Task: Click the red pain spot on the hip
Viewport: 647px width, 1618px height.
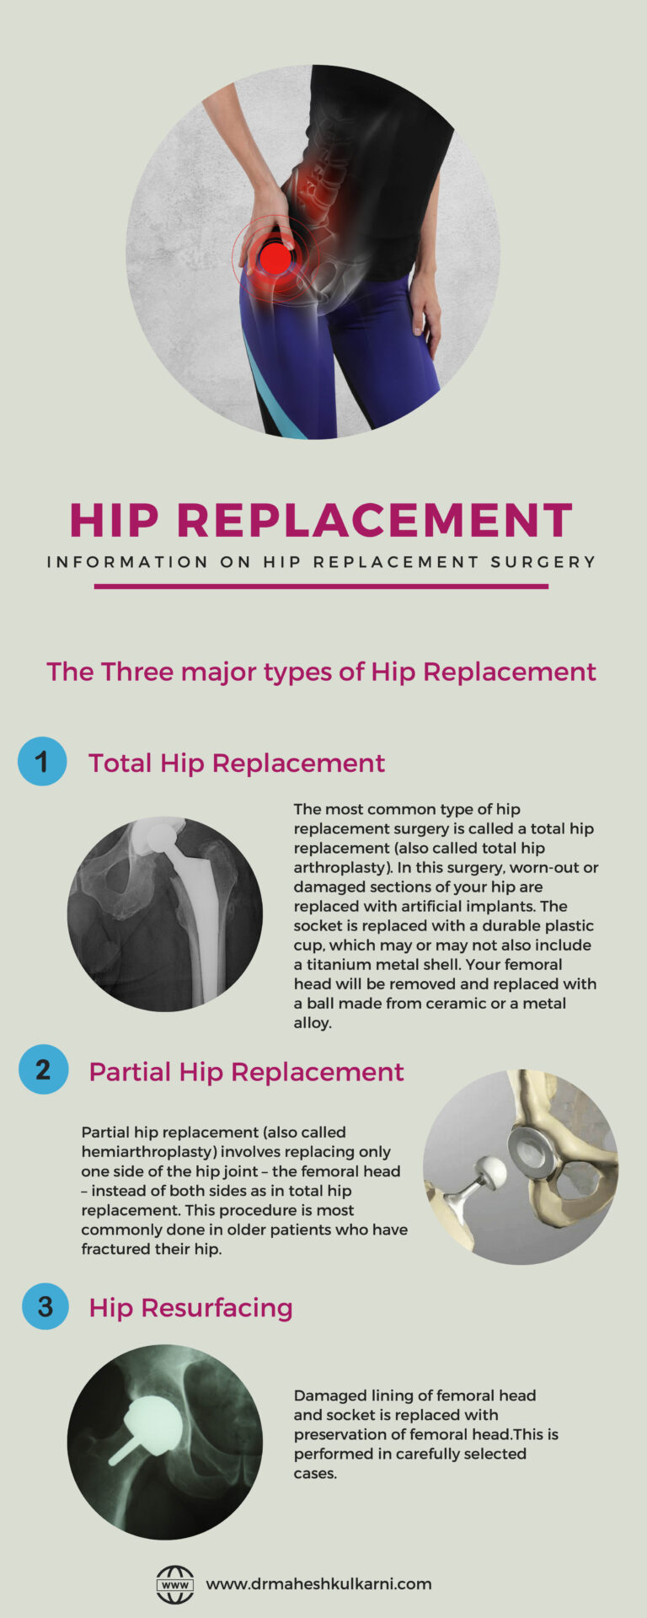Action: tap(275, 258)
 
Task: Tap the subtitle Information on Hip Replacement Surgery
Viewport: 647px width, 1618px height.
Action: tap(321, 562)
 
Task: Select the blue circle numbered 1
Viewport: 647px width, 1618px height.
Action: tap(42, 762)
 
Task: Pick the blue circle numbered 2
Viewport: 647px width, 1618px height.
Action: tap(43, 1070)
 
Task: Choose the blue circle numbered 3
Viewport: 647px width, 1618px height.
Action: tap(45, 1306)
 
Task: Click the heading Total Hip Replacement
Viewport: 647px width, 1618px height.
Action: tap(236, 763)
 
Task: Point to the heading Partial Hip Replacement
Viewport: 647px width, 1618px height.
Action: tap(246, 1072)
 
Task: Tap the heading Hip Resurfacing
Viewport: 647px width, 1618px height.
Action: tap(190, 1308)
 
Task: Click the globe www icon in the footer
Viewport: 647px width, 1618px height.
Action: tap(175, 1584)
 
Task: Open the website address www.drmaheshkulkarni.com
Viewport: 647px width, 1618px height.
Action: tap(318, 1584)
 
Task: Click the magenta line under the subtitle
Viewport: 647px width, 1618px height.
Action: tap(321, 587)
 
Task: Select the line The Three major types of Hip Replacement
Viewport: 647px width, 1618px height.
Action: tap(321, 672)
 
